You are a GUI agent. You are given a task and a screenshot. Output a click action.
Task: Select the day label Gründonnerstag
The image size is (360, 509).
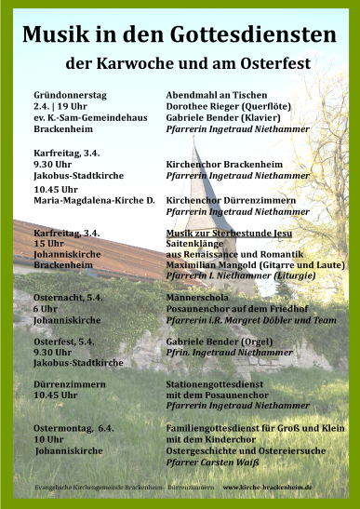(71, 95)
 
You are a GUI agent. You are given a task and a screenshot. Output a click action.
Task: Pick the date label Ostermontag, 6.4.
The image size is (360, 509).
(73, 427)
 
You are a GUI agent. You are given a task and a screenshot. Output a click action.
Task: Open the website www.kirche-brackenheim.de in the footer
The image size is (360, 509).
(267, 487)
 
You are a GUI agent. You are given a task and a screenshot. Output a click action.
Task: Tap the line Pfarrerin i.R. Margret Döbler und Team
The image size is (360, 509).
(245, 319)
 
